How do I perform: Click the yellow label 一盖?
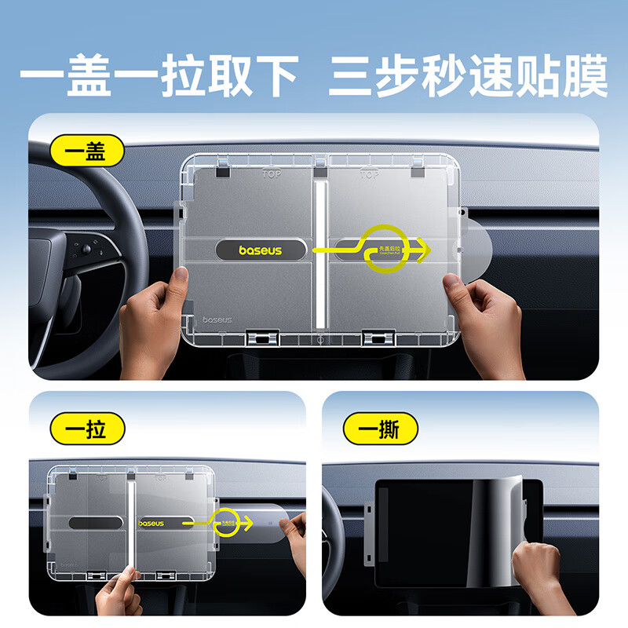tap(86, 149)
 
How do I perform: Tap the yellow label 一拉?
tap(86, 429)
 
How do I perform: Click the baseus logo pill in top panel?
tap(260, 250)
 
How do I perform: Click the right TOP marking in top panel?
tap(369, 174)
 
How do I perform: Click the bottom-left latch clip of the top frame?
tap(262, 338)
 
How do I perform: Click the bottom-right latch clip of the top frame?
tap(378, 338)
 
